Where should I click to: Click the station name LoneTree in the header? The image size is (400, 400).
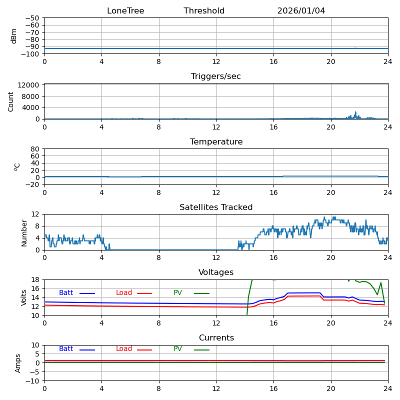coord(125,11)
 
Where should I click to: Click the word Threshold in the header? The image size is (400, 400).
coord(204,11)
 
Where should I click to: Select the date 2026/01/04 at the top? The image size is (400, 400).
coord(301,11)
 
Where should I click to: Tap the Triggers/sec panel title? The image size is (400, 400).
coord(216,76)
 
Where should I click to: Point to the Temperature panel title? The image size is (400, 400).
coord(216,142)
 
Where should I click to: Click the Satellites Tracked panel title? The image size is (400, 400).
coord(216,207)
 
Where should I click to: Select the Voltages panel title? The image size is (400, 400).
coord(216,272)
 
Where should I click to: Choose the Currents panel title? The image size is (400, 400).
coord(216,338)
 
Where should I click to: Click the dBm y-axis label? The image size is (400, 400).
coord(14,36)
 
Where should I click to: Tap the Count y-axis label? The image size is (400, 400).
coord(11,101)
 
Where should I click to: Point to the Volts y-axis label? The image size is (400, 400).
coord(24,297)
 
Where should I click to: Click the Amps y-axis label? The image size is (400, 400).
coord(18,363)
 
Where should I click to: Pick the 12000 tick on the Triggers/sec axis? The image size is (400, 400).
coord(29,85)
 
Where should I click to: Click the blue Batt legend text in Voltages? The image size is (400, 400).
coord(66,293)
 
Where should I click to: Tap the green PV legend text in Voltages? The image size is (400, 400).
coord(177,293)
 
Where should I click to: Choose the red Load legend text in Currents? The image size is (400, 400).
coord(124,349)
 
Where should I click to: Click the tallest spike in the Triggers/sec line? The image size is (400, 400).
coord(356,112)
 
